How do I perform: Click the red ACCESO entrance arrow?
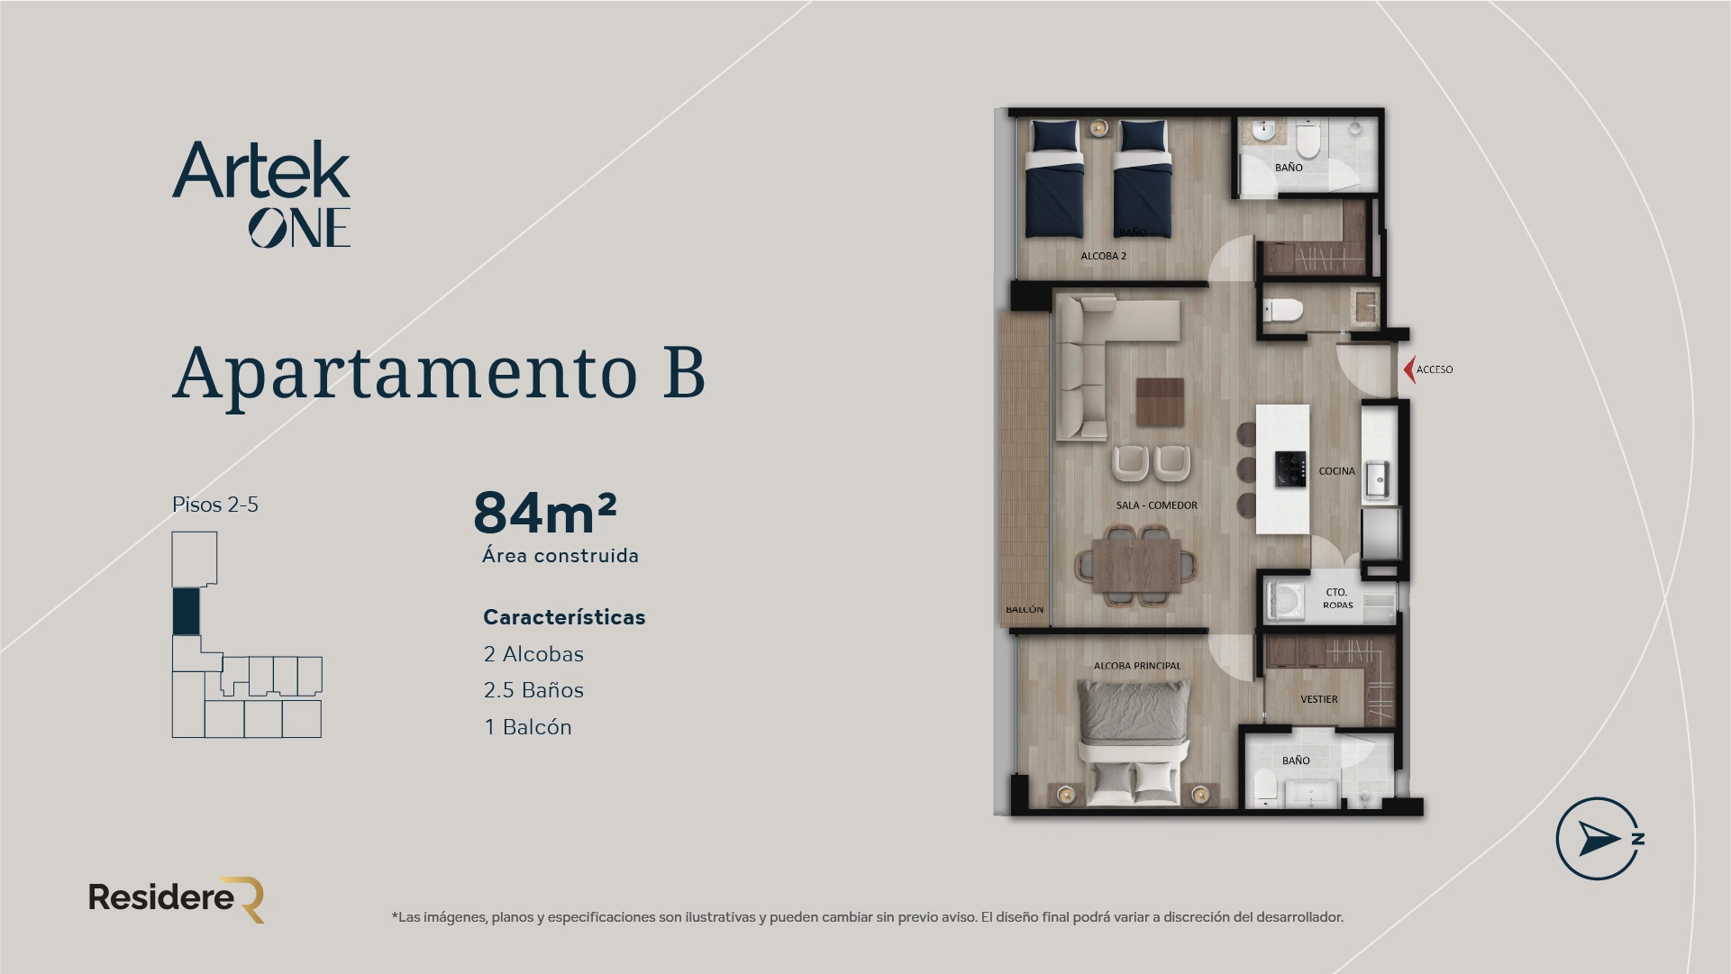(1409, 369)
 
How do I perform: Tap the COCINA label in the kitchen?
(1336, 471)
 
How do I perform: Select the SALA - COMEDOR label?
(1156, 505)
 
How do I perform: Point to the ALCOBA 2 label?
(1103, 256)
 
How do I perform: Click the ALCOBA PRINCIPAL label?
(1136, 666)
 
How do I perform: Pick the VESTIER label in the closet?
(1318, 699)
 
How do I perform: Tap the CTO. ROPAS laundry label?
(1337, 599)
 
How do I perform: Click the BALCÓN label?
(1025, 610)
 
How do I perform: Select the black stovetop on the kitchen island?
(1290, 469)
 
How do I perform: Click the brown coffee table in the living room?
(1160, 402)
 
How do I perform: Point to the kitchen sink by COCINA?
(1377, 479)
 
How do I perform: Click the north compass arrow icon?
(1597, 839)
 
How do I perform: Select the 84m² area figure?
(544, 513)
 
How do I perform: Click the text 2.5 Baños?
(533, 690)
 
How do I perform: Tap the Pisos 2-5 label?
(215, 505)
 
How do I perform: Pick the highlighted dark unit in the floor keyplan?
(186, 612)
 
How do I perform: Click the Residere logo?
(177, 898)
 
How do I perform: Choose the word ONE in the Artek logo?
(299, 228)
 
